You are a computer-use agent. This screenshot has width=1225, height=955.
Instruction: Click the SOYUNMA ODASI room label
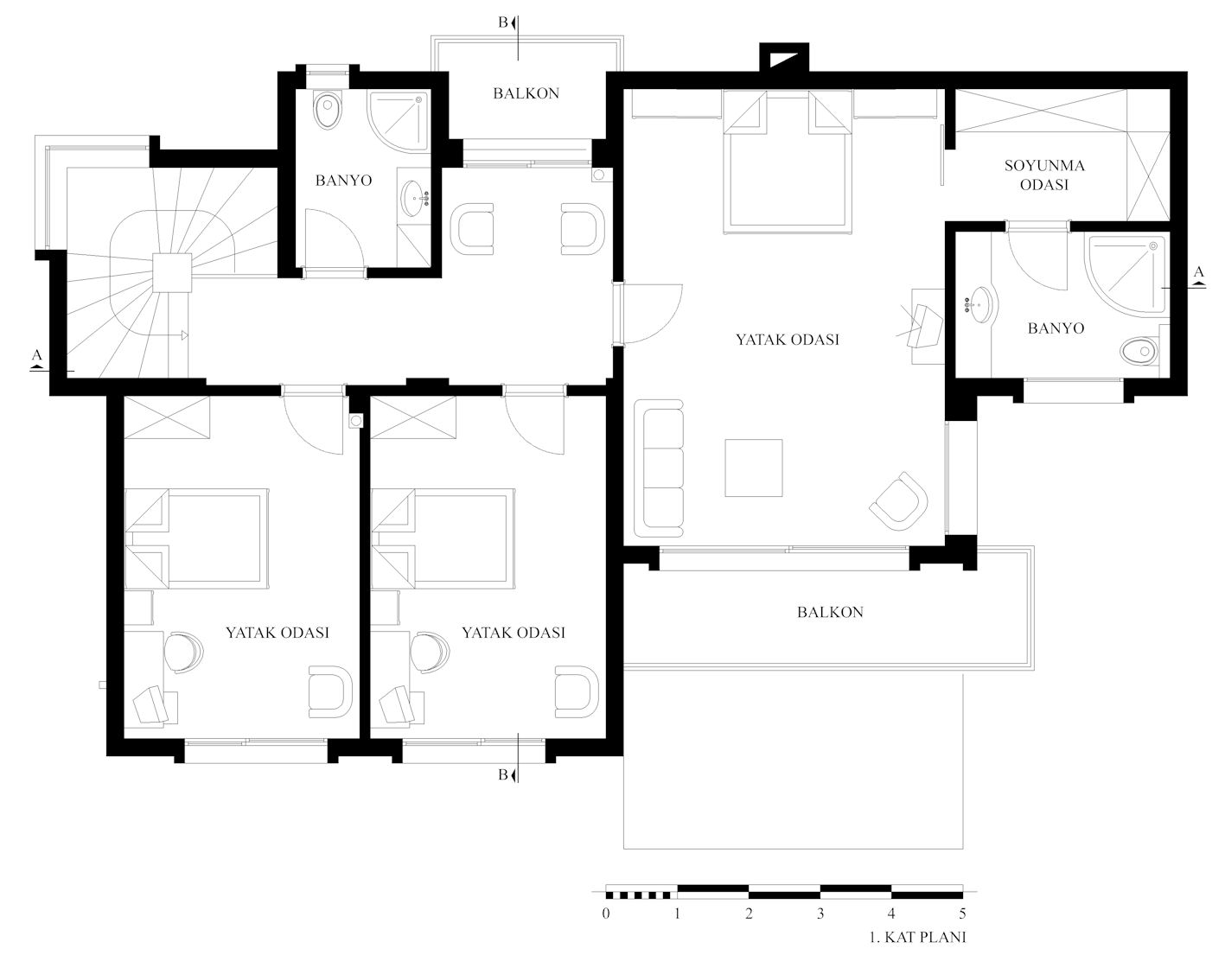[x=1044, y=175]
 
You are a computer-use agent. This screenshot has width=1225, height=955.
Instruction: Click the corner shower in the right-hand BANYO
[x=1127, y=276]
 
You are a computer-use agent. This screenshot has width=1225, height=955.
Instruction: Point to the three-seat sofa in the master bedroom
[x=659, y=468]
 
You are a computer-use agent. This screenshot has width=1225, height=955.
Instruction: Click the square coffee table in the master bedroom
[x=753, y=468]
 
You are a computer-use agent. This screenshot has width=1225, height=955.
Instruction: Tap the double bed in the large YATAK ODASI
[x=787, y=162]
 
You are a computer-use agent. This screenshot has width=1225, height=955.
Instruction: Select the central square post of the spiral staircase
[x=172, y=273]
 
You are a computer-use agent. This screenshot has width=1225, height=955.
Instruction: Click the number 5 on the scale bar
[x=962, y=914]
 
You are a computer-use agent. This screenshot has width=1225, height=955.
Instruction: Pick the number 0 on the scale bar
[x=606, y=914]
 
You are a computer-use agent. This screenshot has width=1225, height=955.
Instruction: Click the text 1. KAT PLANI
[x=917, y=937]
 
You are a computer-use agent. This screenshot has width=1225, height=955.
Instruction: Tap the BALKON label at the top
[x=526, y=93]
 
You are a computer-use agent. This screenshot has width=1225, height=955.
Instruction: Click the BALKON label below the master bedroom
[x=830, y=612]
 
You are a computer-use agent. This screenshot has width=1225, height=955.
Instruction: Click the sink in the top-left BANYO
[x=416, y=198]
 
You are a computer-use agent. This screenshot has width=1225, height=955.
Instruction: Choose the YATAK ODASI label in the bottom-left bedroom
[x=278, y=632]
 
